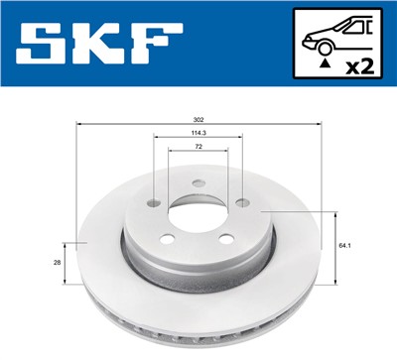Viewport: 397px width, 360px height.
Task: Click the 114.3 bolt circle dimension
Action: pyautogui.click(x=198, y=133)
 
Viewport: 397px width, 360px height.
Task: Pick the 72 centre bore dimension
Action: pyautogui.click(x=198, y=147)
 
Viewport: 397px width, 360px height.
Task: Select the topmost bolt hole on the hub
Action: pyautogui.click(x=198, y=182)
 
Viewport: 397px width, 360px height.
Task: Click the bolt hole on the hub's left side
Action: pyautogui.click(x=155, y=202)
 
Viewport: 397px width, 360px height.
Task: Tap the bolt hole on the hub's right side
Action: pyautogui.click(x=241, y=202)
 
